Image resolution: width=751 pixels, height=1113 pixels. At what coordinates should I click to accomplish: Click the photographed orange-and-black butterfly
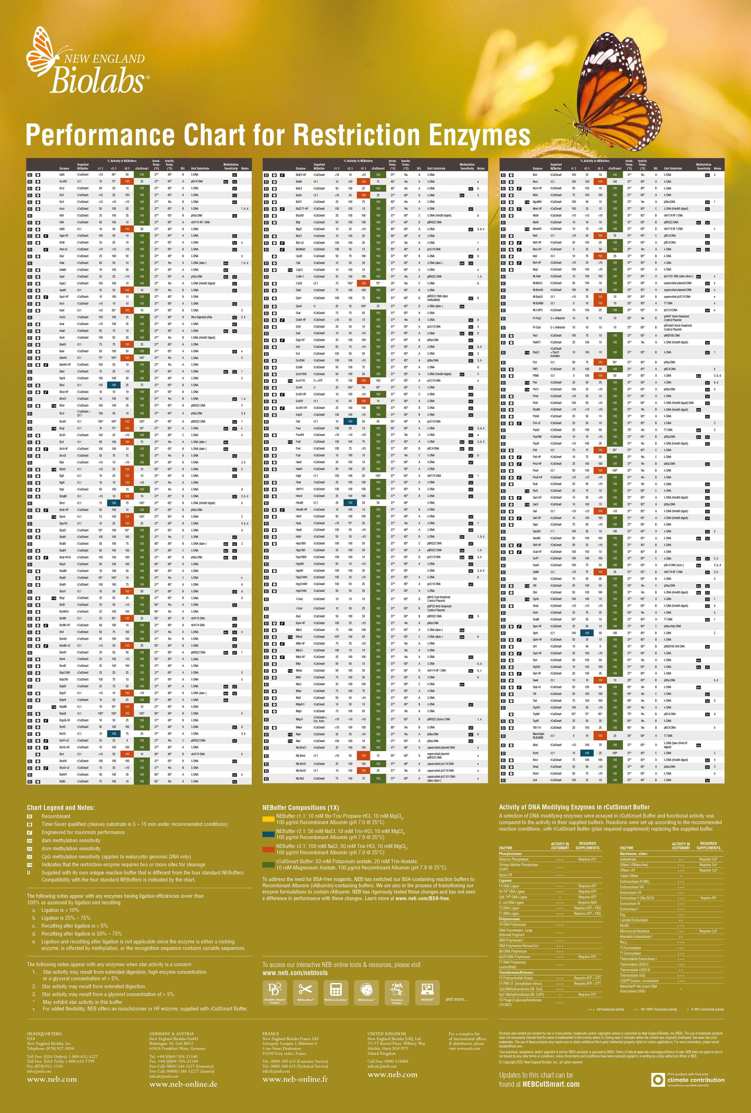pos(618,91)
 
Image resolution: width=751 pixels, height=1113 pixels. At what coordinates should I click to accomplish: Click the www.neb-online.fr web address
pos(295,1079)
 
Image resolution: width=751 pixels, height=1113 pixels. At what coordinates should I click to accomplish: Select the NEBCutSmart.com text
pos(551,1084)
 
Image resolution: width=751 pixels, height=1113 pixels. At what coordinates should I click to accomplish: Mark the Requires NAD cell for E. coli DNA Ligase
pos(587,902)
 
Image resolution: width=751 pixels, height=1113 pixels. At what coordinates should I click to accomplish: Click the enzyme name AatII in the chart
pos(62,175)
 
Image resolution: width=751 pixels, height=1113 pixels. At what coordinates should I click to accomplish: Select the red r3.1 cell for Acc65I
pos(127,181)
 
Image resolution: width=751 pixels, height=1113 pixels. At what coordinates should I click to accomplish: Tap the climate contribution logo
pos(688,1079)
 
